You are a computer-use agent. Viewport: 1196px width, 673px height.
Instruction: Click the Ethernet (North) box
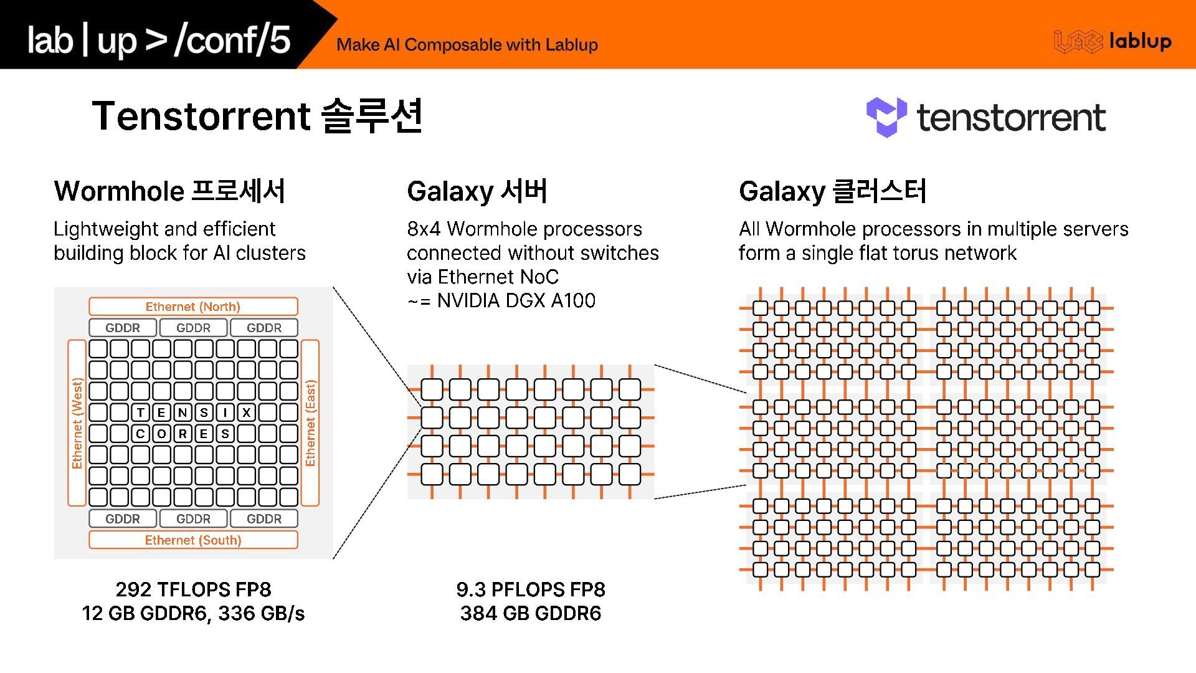coord(193,307)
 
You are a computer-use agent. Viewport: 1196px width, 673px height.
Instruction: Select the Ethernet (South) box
coord(193,540)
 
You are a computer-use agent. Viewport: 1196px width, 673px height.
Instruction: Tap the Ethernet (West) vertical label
coord(77,422)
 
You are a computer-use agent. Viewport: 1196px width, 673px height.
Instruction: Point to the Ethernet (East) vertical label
coord(310,422)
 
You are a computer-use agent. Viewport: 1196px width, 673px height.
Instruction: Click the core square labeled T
coord(141,412)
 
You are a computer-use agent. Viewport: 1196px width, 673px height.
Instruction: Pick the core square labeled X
coord(247,412)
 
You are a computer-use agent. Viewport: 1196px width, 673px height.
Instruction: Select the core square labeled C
coord(141,434)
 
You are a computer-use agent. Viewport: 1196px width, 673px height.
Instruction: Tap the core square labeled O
coord(162,434)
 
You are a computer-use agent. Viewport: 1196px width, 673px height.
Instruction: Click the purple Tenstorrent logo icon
coord(886,117)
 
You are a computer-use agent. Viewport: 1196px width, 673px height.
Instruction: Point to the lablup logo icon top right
coord(1078,42)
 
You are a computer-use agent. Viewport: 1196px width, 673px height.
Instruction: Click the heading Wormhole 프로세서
coord(169,191)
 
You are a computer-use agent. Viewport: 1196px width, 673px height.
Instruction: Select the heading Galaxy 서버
coord(477,191)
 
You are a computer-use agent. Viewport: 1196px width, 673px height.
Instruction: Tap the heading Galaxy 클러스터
coord(832,191)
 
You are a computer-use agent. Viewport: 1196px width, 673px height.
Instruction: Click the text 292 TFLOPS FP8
coord(193,589)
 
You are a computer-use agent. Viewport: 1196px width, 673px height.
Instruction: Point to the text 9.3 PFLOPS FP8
coord(531,589)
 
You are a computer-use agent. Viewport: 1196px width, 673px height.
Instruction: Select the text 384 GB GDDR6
coord(531,613)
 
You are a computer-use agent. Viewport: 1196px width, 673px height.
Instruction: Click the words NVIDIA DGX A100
coord(516,300)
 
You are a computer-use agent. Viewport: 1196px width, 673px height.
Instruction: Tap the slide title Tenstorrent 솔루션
coord(257,116)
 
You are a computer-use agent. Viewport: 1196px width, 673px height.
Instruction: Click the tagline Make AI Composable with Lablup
coord(467,45)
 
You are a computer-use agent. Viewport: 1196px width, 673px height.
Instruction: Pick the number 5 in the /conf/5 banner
coord(280,39)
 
